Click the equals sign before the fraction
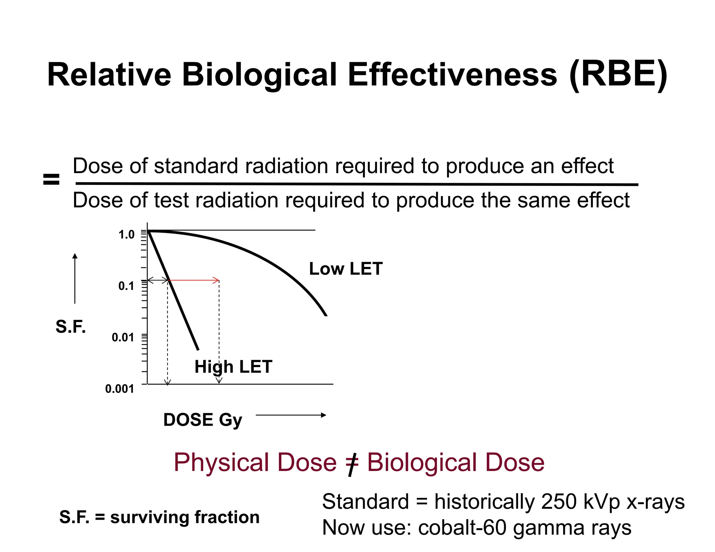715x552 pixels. pyautogui.click(x=51, y=180)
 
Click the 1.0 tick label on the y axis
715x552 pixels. pyautogui.click(x=126, y=234)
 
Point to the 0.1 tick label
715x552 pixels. pyautogui.click(x=126, y=286)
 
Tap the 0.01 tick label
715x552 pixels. pyautogui.click(x=123, y=337)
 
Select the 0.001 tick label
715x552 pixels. pyautogui.click(x=119, y=389)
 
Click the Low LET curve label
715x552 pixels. pyautogui.click(x=346, y=269)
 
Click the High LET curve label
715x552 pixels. pyautogui.click(x=233, y=367)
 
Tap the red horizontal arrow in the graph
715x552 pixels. pyautogui.click(x=194, y=280)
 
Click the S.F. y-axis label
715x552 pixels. pyautogui.click(x=71, y=327)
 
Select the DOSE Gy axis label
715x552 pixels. pyautogui.click(x=202, y=420)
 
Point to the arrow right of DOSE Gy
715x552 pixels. pyautogui.click(x=291, y=415)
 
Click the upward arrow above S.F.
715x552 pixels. pyautogui.click(x=75, y=278)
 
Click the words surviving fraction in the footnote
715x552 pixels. pyautogui.click(x=185, y=517)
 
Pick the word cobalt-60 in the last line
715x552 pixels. pyautogui.click(x=462, y=528)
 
